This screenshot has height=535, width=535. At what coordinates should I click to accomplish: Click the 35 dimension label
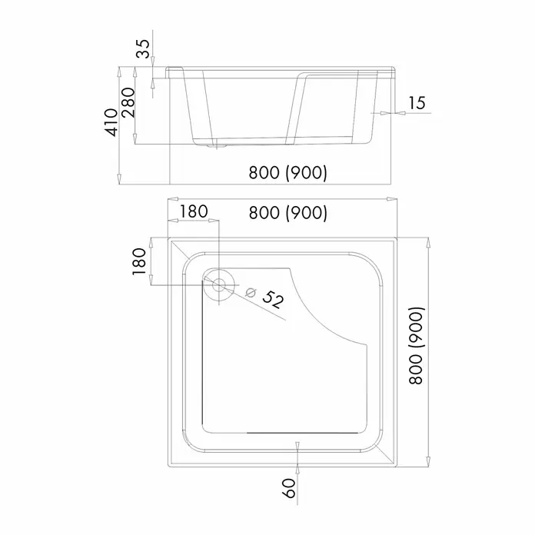(143, 48)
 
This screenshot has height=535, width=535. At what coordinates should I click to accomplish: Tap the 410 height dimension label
(111, 122)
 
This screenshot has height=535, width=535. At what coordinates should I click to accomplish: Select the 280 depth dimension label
(128, 102)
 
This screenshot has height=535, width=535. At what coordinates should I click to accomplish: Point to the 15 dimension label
(417, 103)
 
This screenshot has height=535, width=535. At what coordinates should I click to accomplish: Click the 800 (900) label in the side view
(287, 172)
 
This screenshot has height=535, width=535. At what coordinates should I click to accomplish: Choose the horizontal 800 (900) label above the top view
(287, 213)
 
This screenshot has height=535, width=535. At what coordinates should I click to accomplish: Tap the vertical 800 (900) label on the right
(416, 346)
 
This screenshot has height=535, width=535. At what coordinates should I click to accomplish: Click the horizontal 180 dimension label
(194, 211)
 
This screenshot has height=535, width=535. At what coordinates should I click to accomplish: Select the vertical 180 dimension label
(139, 261)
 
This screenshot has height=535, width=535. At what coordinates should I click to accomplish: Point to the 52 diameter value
(273, 300)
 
